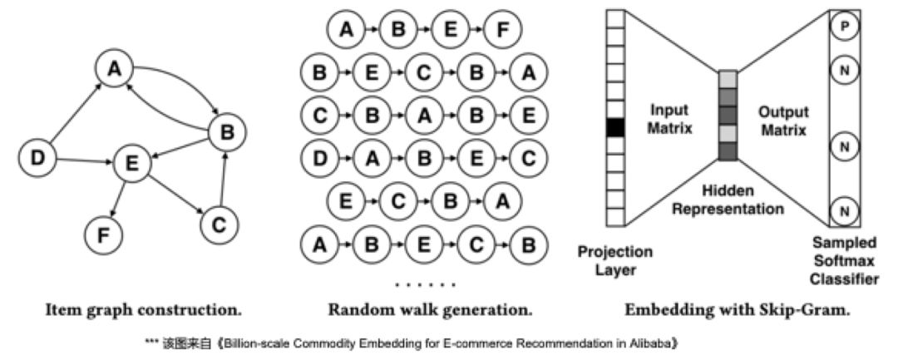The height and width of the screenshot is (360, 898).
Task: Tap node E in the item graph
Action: point(131,164)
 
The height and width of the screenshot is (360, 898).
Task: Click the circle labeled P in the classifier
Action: point(845,27)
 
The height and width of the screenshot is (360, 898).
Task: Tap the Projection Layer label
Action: point(616,259)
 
